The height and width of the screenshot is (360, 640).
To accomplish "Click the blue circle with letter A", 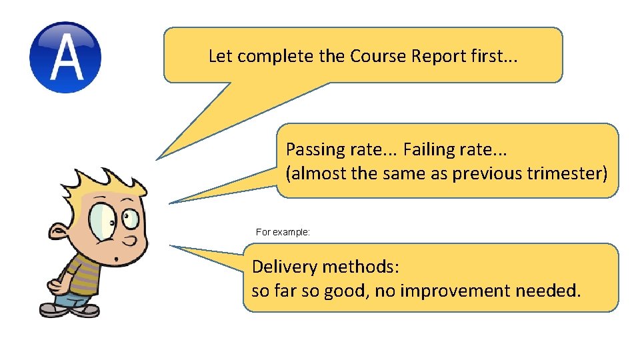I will pyautogui.click(x=65, y=57).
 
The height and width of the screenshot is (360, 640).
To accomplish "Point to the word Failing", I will pyautogui.click(x=427, y=149).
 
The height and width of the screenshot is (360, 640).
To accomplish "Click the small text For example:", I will pyautogui.click(x=283, y=233).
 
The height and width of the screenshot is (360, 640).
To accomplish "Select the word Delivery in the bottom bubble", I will pyautogui.click(x=285, y=267).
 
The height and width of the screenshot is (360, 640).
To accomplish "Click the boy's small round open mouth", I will pyautogui.click(x=117, y=259).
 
